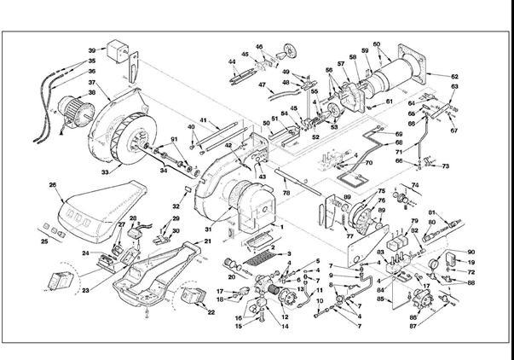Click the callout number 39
tap(91, 51)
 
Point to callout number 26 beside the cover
tap(53, 184)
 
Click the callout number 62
tap(455, 76)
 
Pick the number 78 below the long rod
tap(286, 194)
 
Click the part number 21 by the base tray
tap(207, 242)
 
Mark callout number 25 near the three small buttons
tap(45, 242)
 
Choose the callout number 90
tap(471, 252)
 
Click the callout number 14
tap(285, 327)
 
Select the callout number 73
tap(445, 165)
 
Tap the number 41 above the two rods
tap(203, 119)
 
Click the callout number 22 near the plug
tap(211, 313)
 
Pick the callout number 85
tap(380, 299)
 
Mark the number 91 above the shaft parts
tap(174, 140)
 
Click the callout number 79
tap(414, 221)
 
